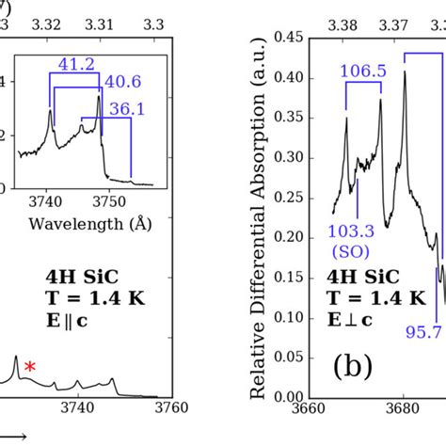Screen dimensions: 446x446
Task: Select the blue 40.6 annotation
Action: [x=125, y=81]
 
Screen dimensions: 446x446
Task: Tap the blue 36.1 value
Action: [x=125, y=109]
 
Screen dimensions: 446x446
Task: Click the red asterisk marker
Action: [x=30, y=368]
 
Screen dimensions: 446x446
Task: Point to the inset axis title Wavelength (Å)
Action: [x=76, y=223]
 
